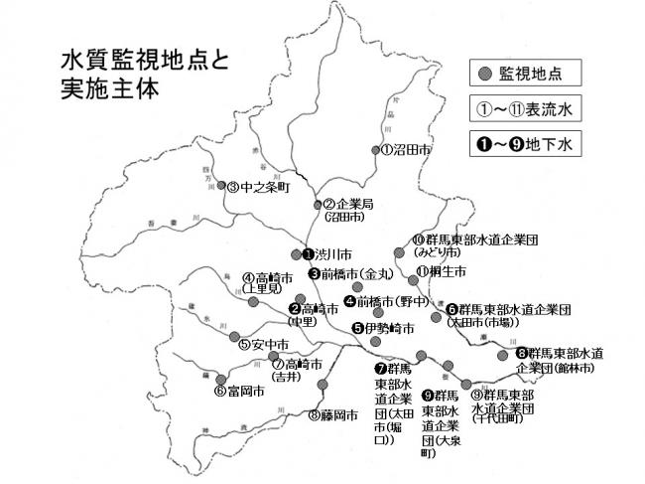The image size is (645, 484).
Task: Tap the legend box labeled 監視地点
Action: [525, 74]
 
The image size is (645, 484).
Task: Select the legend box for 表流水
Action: [525, 108]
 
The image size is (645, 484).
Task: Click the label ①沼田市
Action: [408, 151]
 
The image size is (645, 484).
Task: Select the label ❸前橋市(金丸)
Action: [351, 274]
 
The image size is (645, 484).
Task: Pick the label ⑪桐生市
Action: [441, 270]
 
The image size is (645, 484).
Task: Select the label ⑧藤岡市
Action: [332, 415]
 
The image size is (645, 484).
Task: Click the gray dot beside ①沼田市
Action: [375, 152]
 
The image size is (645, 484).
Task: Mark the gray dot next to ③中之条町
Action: [221, 186]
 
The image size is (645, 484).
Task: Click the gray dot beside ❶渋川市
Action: [296, 253]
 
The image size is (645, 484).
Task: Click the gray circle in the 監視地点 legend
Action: [484, 74]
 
